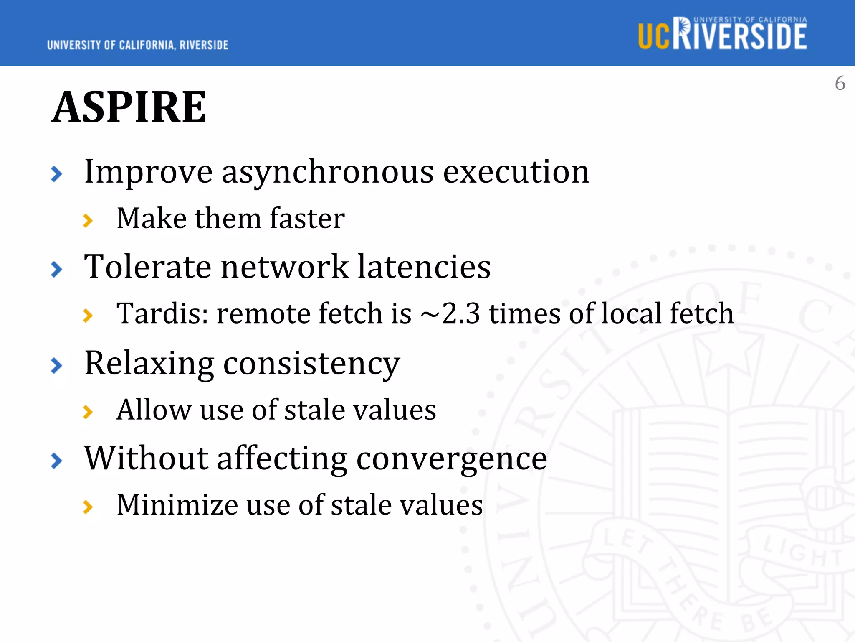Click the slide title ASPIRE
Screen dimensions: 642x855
(129, 107)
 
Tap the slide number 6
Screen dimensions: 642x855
(840, 84)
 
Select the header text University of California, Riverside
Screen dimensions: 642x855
(138, 45)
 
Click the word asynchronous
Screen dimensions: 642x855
(328, 172)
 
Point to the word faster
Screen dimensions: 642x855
(307, 219)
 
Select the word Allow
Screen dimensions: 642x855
(154, 410)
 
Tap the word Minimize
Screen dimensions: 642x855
(177, 505)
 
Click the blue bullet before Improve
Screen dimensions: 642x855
(56, 174)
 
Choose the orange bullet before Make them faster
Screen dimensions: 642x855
(88, 220)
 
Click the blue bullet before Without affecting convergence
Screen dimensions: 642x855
(56, 461)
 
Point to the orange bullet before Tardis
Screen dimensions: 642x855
(88, 315)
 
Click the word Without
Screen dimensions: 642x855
(146, 458)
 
